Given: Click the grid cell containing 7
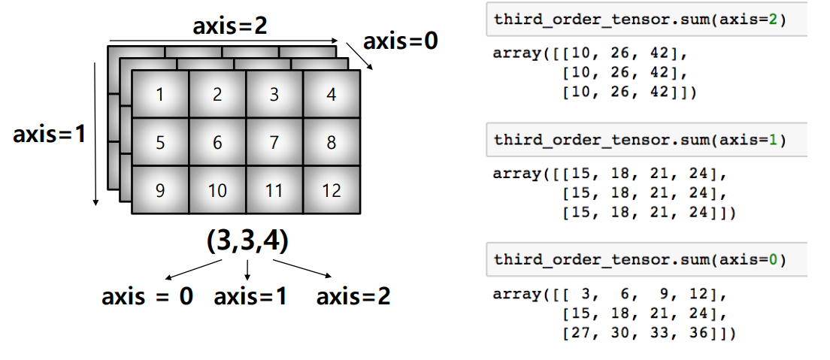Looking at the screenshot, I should point(274,142).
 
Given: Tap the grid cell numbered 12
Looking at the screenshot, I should point(332,190).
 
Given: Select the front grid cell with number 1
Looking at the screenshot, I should point(160,95).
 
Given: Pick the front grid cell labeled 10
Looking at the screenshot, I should point(217,190).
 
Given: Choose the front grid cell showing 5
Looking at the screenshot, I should point(160,142).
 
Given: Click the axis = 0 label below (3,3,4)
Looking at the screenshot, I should point(147,297).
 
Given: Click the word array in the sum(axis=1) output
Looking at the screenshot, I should point(516,174).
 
